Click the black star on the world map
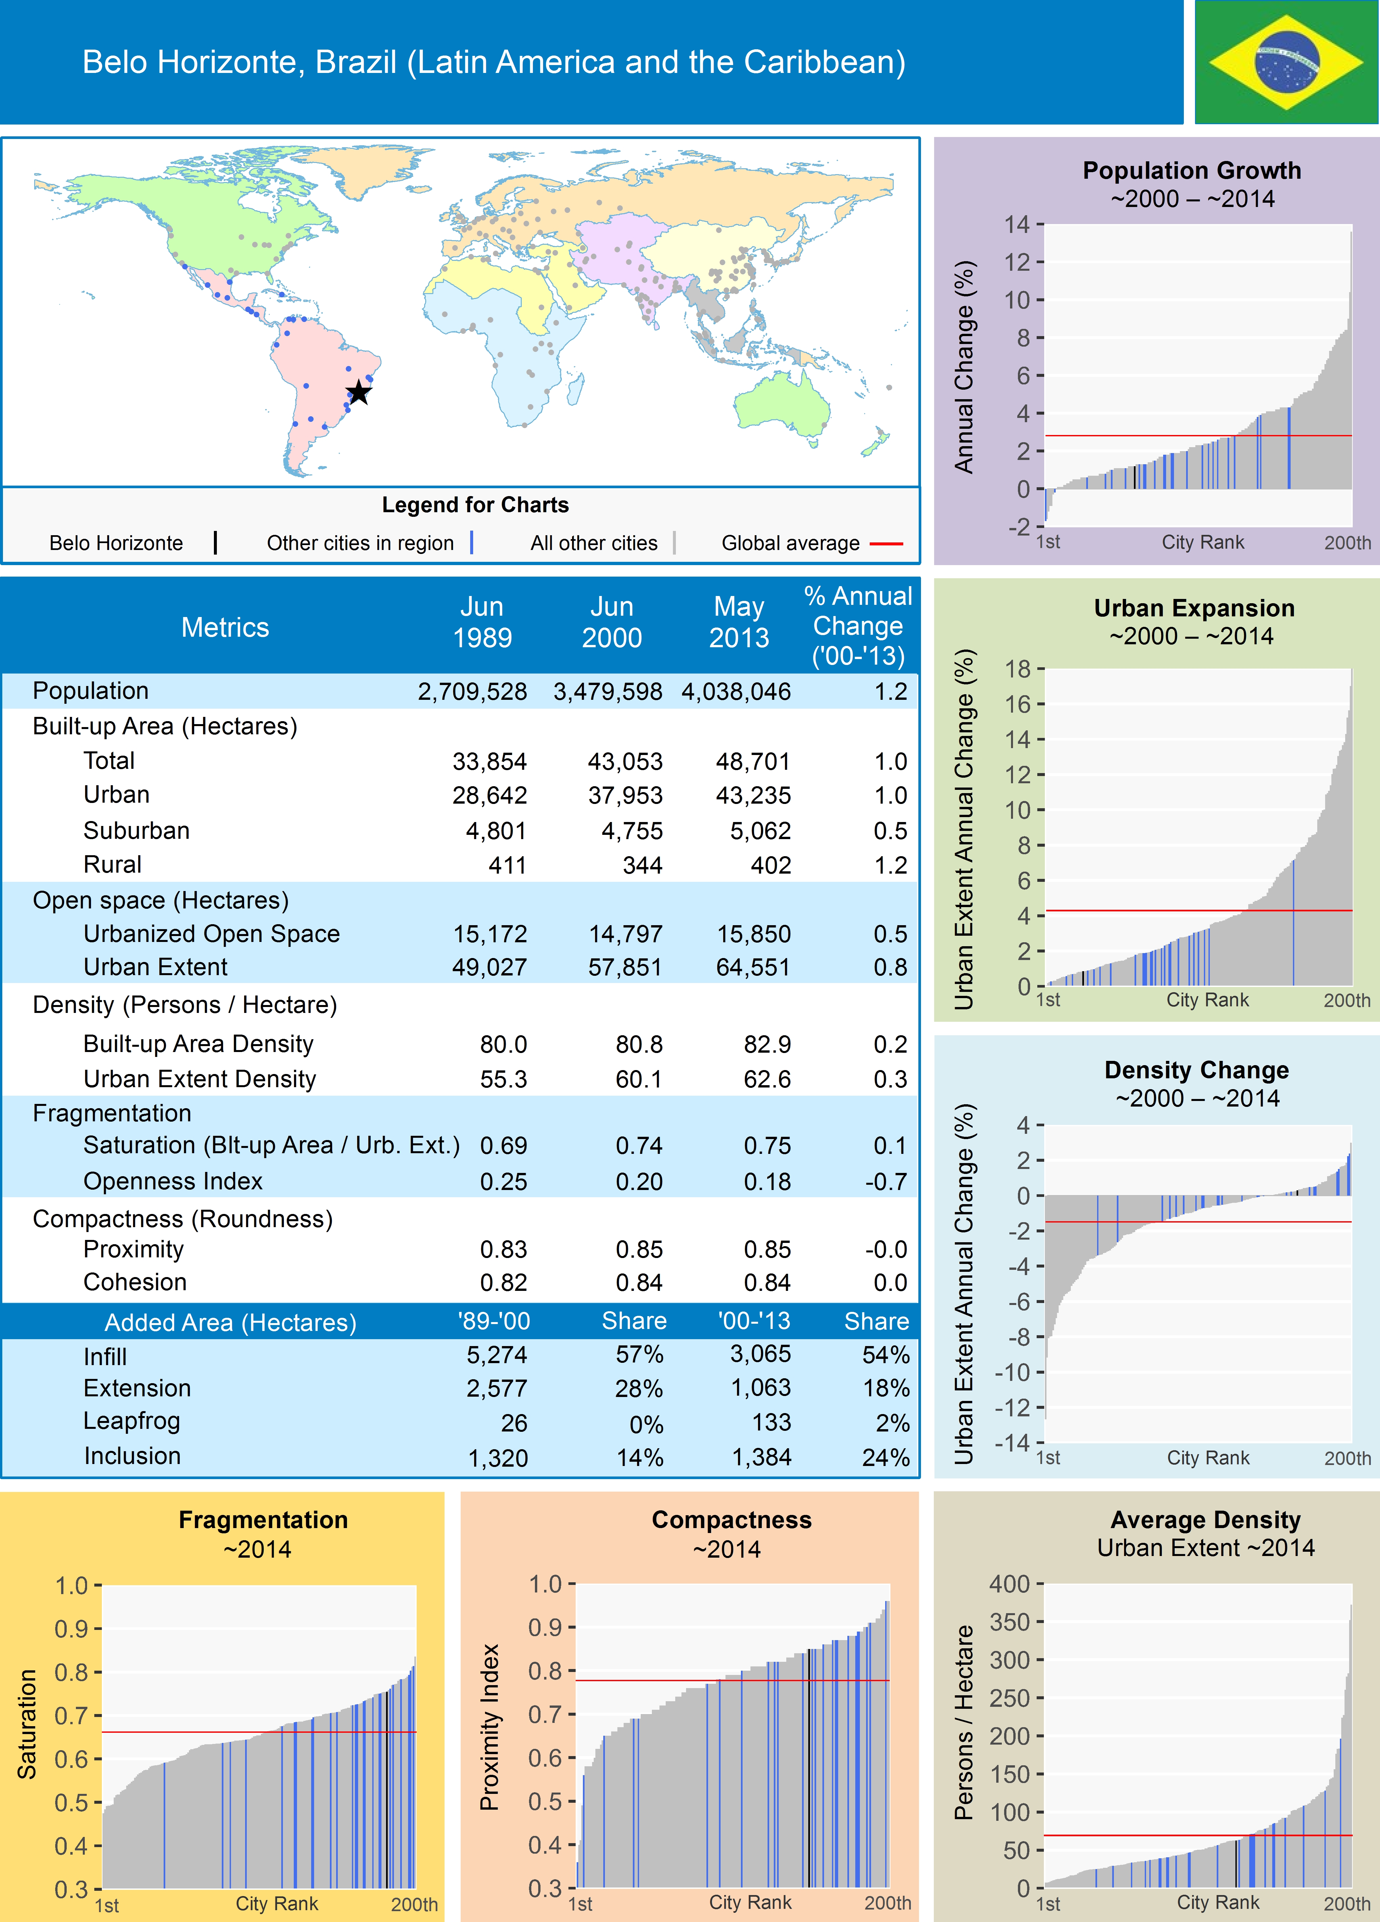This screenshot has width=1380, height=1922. (359, 392)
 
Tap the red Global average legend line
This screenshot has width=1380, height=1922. (886, 543)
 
